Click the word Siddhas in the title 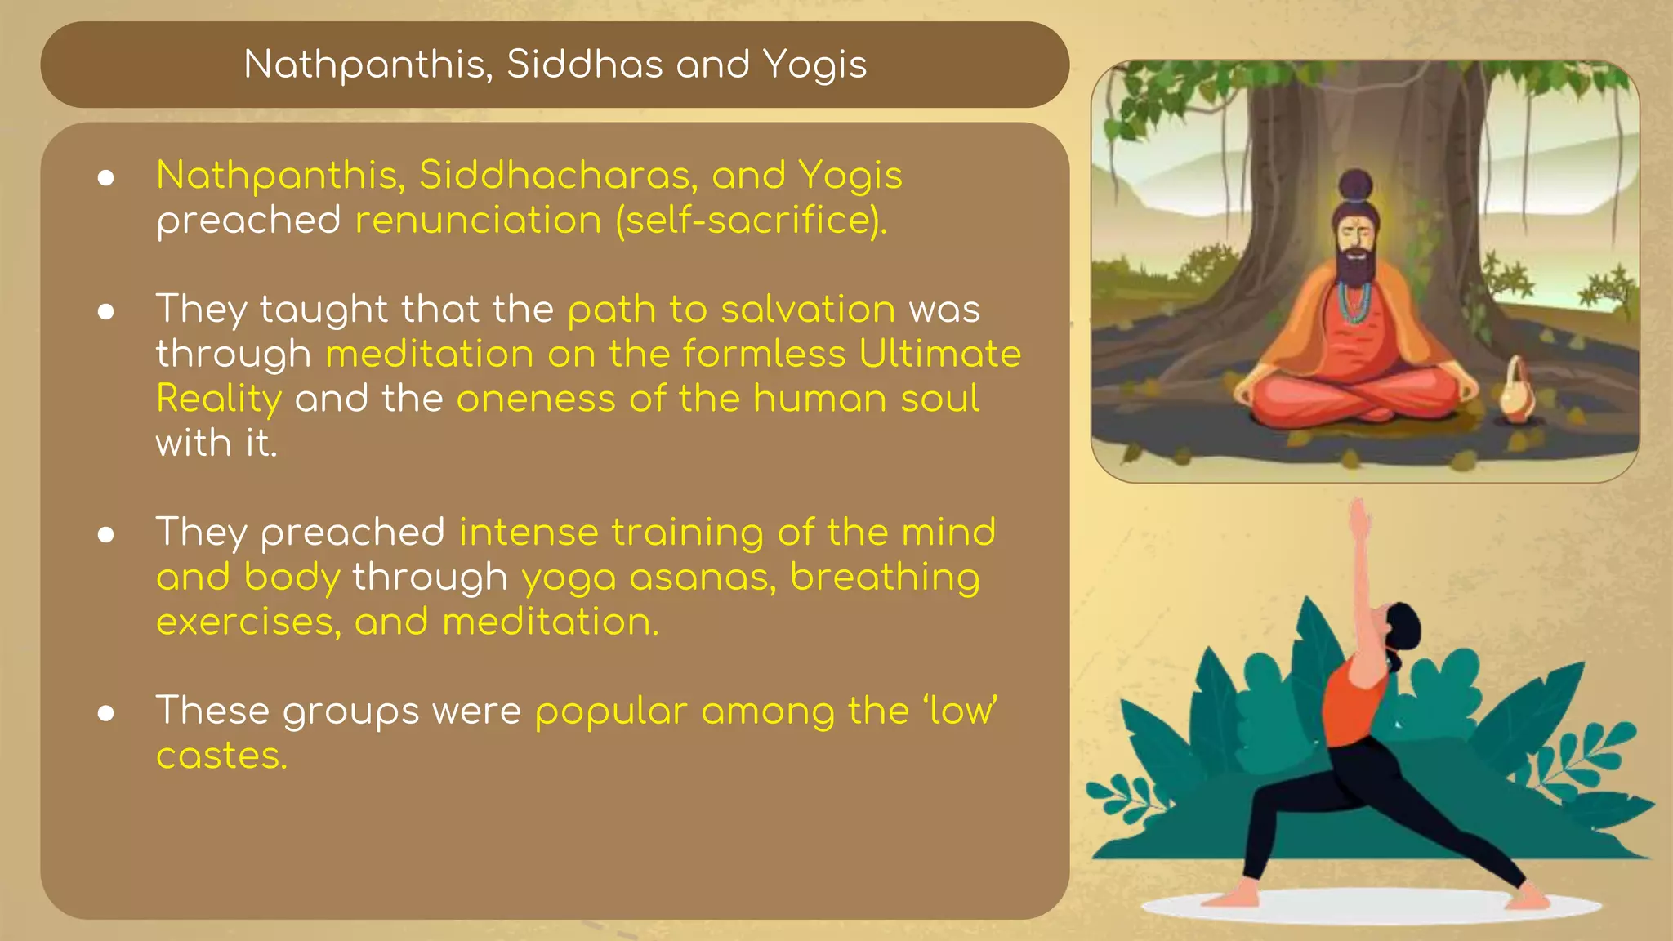coord(584,64)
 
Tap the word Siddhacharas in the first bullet coord(558,175)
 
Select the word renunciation coord(478,220)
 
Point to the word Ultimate coord(939,354)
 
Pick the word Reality coord(219,399)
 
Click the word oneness coord(535,399)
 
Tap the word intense coord(529,532)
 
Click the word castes coord(221,756)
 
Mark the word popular coord(611,711)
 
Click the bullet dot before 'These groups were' coord(105,713)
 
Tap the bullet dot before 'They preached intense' coord(105,534)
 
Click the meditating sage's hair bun coord(1357,185)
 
